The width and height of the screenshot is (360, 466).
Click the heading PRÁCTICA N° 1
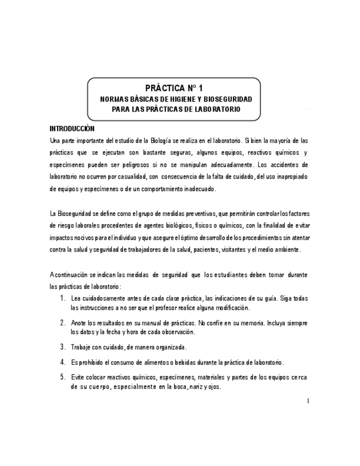[x=174, y=88]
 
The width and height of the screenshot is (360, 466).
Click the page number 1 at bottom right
[x=308, y=401]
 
